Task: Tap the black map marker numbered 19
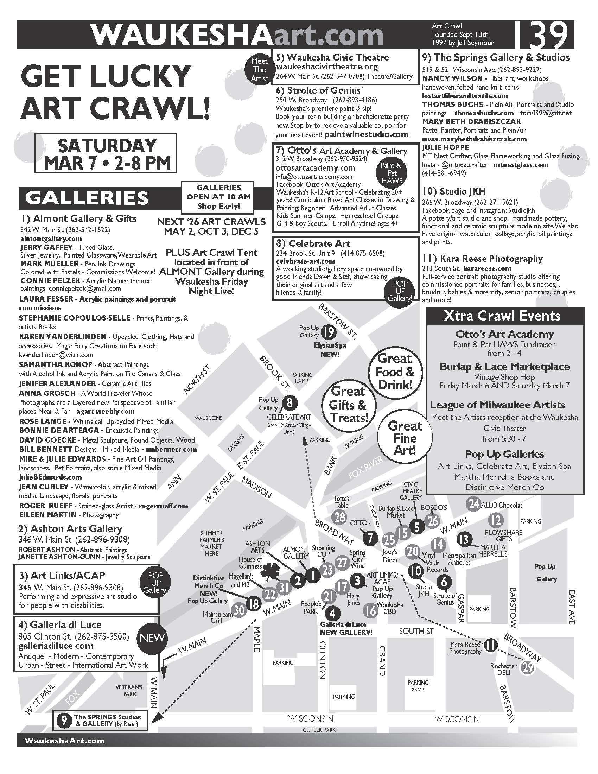tap(329, 332)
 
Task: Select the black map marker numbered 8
tap(290, 403)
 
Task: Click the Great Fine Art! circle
tap(405, 438)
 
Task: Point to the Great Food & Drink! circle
tap(395, 372)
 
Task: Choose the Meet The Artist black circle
tap(259, 70)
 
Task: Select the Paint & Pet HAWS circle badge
tap(392, 173)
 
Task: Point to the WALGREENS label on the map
tap(208, 418)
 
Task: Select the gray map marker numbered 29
tap(528, 668)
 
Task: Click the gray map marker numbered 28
tap(340, 517)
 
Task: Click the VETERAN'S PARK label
tap(129, 690)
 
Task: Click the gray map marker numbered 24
tap(474, 503)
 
